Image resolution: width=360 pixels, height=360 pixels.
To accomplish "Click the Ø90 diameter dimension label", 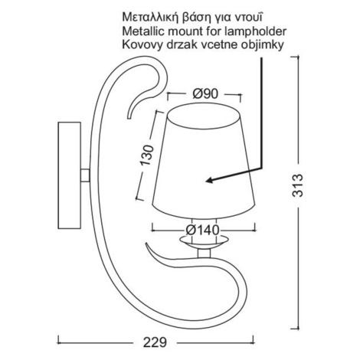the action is coord(205,94).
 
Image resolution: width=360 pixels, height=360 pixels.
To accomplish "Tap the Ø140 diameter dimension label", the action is coord(202,231).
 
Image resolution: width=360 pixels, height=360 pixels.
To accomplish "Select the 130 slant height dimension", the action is coord(148,155).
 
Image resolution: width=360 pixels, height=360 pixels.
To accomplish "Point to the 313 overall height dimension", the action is coord(297,185).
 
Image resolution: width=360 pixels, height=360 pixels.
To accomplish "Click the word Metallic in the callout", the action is coord(140,31).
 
